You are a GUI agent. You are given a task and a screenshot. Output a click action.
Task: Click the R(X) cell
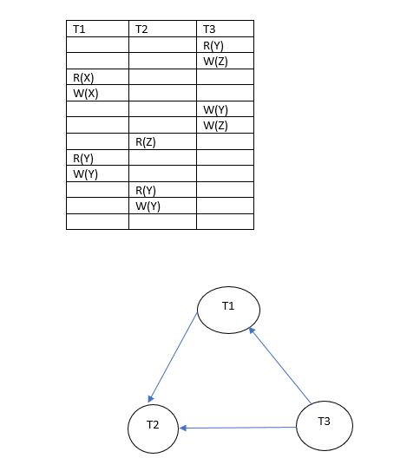83,78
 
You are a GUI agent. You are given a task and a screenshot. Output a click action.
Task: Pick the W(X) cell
86,94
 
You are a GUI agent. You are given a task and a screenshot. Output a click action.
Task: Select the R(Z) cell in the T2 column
146,142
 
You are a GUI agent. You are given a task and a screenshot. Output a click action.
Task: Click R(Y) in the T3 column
213,46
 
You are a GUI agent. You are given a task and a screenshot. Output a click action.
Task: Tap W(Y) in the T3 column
215,110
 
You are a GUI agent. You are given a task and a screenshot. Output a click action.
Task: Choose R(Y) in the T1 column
83,159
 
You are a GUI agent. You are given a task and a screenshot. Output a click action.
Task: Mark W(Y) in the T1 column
85,174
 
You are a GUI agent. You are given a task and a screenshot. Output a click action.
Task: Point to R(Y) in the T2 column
146,191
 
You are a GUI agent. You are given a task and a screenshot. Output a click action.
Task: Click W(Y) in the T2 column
148,206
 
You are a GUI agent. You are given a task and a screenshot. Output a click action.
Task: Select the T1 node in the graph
228,310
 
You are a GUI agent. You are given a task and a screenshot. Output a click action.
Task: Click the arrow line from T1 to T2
173,357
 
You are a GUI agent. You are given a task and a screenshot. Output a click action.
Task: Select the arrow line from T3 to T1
280,366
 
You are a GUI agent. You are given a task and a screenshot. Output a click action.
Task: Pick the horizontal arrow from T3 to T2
238,428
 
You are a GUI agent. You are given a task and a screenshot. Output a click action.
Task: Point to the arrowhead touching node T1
252,330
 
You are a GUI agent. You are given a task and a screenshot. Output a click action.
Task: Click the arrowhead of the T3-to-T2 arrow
183,429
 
